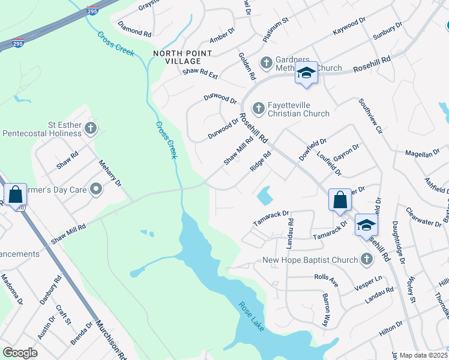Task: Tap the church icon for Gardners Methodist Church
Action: coord(265,62)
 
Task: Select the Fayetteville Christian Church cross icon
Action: coord(259,108)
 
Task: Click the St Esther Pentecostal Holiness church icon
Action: coord(90,127)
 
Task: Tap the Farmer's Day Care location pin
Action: coord(96,190)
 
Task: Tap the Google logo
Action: coord(20,353)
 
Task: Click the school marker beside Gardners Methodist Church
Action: coord(306,73)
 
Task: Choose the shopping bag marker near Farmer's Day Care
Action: coord(16,194)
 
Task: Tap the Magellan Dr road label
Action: coord(423,154)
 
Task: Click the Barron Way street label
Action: coord(327,309)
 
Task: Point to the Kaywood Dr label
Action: coord(349,28)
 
